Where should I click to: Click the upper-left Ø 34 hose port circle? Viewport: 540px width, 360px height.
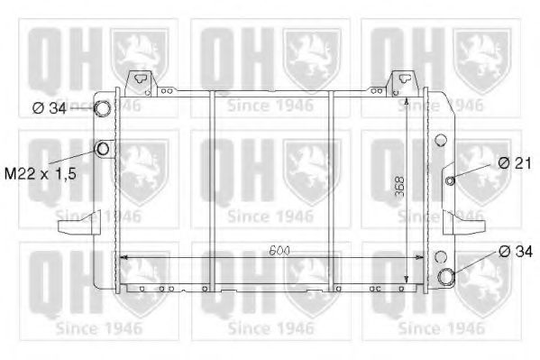coord(104,110)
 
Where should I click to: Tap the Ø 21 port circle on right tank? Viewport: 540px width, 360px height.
coord(450,180)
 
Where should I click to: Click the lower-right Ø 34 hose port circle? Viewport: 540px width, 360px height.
coord(446,276)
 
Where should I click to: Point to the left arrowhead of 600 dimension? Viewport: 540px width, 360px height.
coord(124,258)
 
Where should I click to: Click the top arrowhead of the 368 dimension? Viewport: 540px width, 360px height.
coord(407,101)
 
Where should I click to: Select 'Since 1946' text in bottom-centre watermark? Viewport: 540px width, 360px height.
coord(270,328)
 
